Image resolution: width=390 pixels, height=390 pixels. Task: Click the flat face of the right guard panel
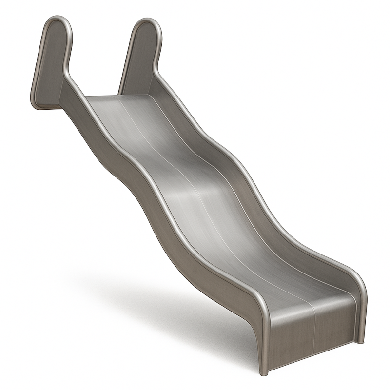[x=139, y=58]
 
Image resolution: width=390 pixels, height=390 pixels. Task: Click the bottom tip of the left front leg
[x=264, y=373]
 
